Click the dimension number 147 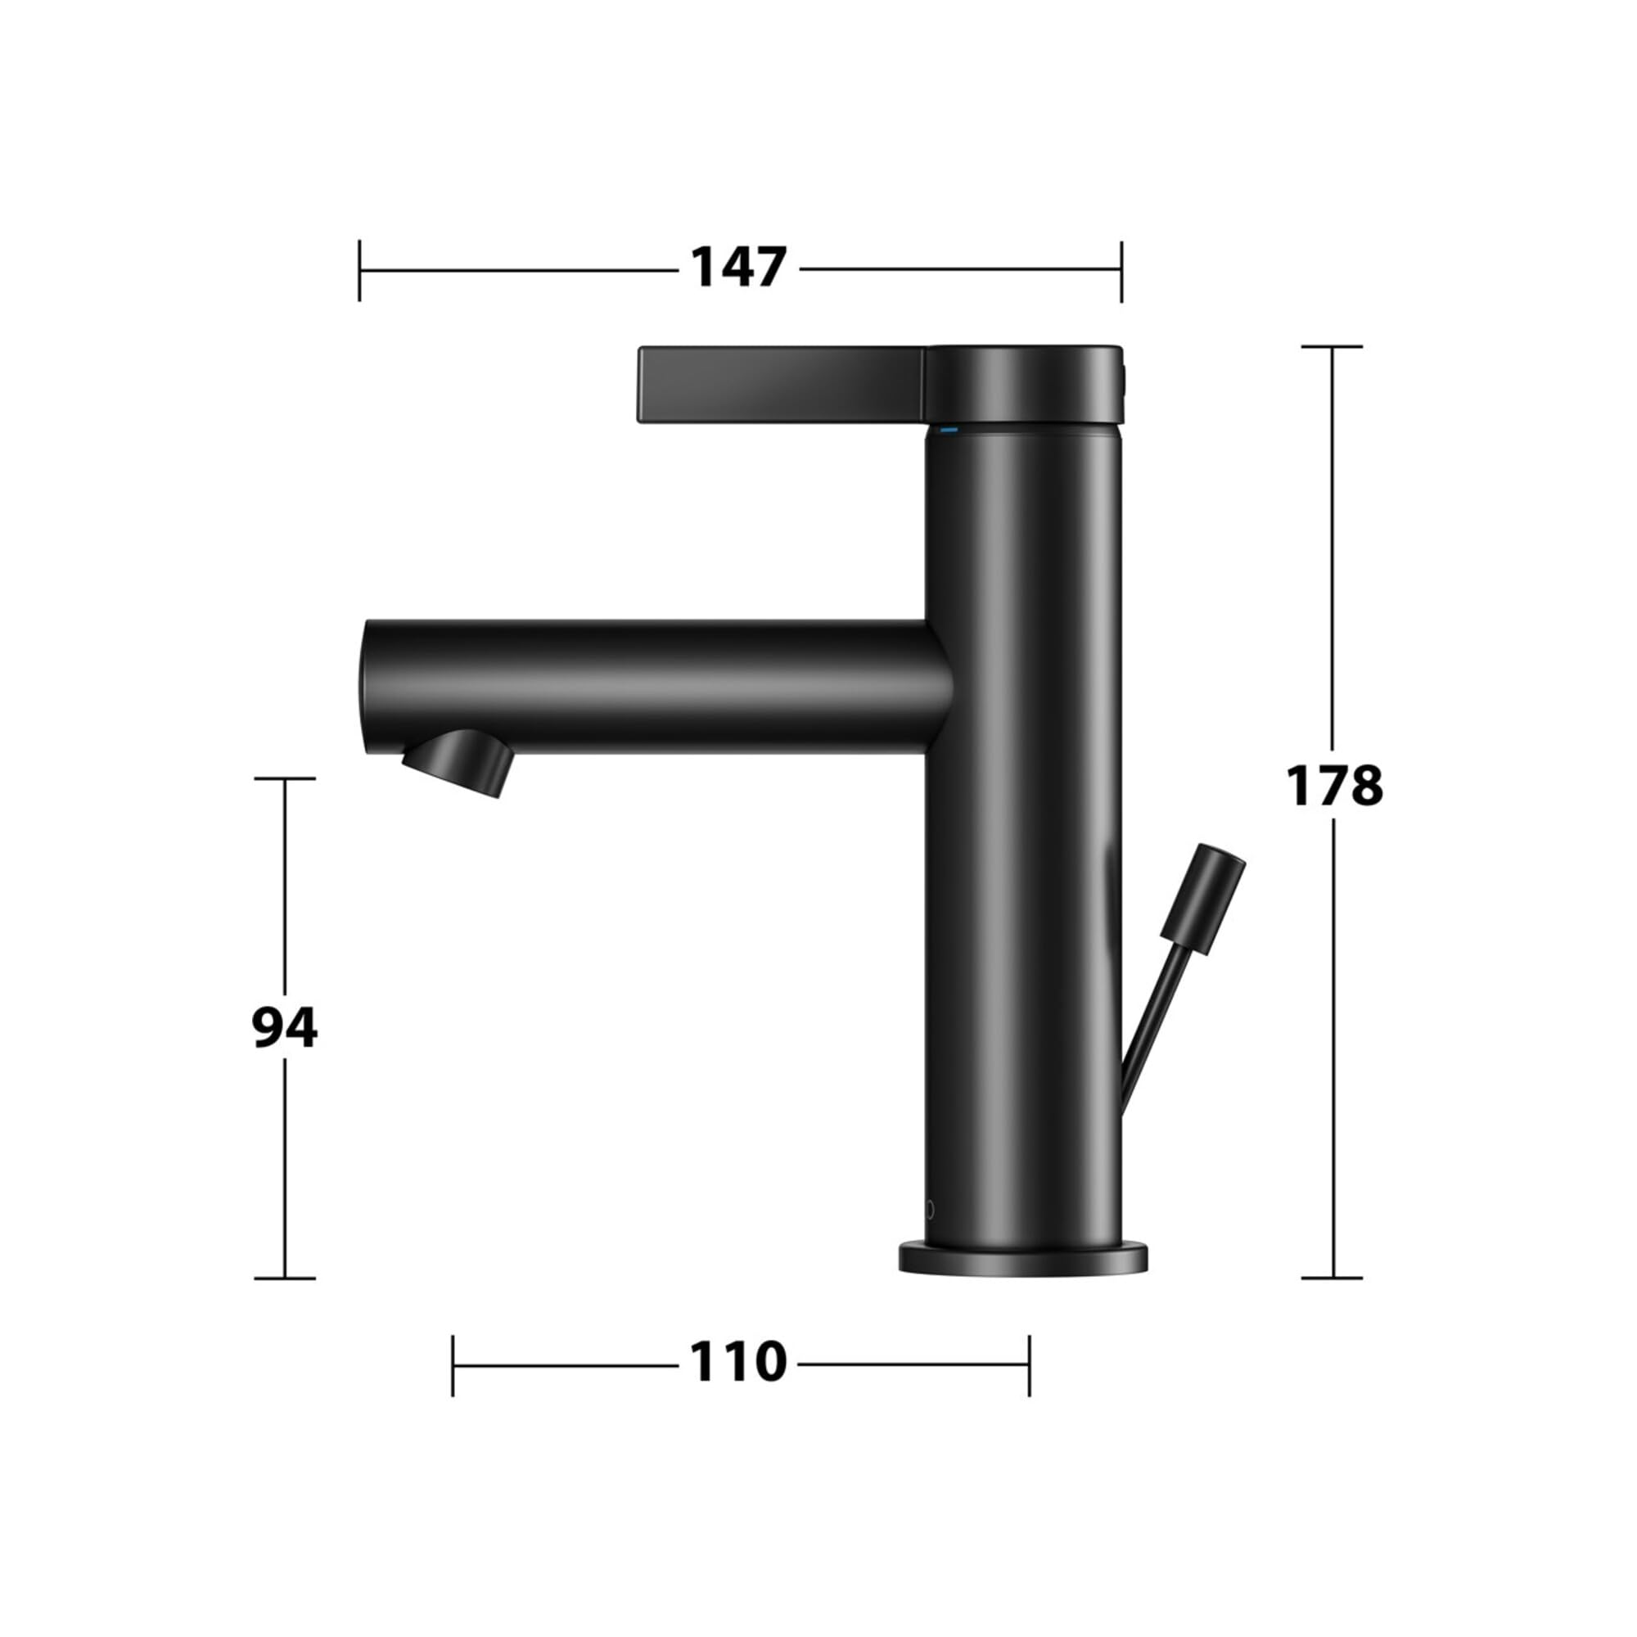(739, 267)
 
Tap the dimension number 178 (1334, 786)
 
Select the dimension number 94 (285, 1029)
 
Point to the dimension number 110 (738, 1362)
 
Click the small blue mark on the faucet (948, 431)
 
